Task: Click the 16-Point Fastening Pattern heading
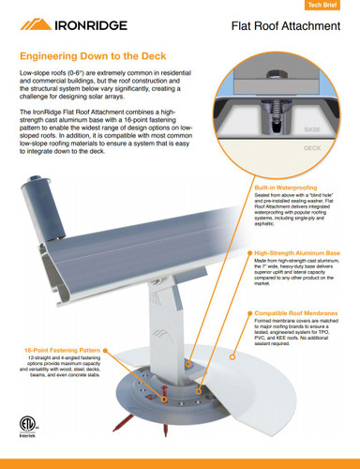(x=58, y=349)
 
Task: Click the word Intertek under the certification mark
(x=31, y=436)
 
